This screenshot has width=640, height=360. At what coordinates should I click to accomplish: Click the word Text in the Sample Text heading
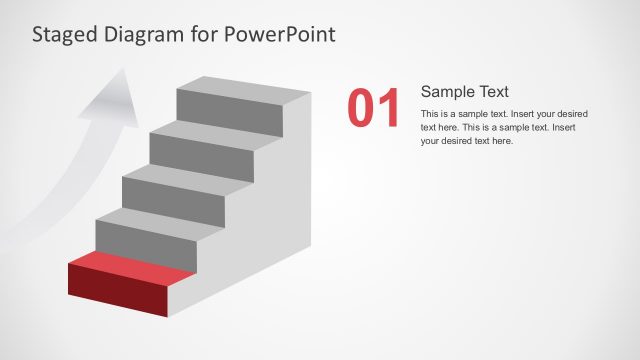point(493,91)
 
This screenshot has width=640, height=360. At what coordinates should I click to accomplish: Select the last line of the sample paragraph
point(466,141)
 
